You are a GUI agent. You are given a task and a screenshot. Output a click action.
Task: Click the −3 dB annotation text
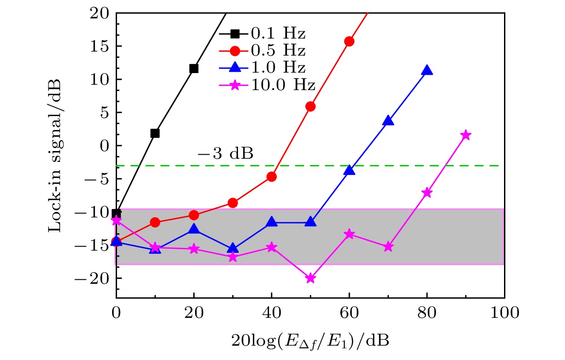click(226, 154)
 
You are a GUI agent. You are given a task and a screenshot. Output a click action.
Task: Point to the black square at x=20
click(194, 69)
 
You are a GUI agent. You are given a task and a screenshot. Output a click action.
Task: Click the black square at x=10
click(155, 133)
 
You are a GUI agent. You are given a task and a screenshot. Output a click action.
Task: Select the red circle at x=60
click(349, 41)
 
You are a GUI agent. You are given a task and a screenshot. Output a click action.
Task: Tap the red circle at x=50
click(310, 106)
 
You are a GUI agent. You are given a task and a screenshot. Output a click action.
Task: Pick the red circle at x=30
click(233, 203)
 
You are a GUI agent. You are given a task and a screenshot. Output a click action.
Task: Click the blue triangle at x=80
click(427, 70)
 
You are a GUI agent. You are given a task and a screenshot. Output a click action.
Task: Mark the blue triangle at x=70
click(388, 121)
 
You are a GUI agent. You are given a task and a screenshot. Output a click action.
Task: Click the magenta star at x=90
click(466, 135)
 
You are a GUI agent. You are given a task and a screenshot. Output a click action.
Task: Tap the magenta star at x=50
click(310, 278)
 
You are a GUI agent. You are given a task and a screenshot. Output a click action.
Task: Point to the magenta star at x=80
click(427, 192)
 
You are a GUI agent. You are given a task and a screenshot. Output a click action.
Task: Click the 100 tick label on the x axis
click(504, 313)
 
